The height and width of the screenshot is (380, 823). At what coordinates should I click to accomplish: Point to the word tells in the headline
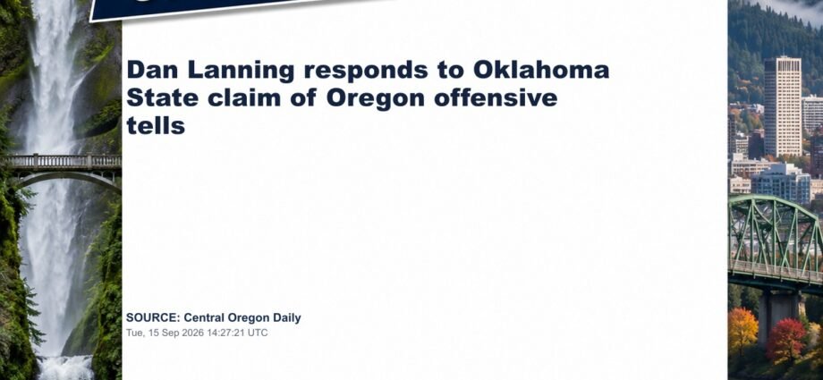click(x=156, y=125)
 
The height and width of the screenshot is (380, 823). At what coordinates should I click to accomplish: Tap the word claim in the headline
click(x=243, y=97)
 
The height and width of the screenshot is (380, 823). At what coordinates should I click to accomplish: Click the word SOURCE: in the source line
click(x=153, y=317)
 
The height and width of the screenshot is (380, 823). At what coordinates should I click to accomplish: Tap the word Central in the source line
click(x=202, y=317)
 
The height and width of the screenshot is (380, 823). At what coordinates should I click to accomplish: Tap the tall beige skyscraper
click(x=782, y=106)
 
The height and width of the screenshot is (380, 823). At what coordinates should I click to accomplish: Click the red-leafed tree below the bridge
click(x=785, y=340)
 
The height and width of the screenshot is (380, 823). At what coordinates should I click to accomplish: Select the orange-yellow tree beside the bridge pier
click(x=742, y=331)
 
